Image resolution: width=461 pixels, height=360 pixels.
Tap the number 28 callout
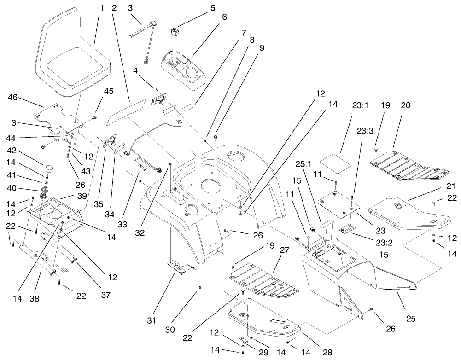tap(327, 353)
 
